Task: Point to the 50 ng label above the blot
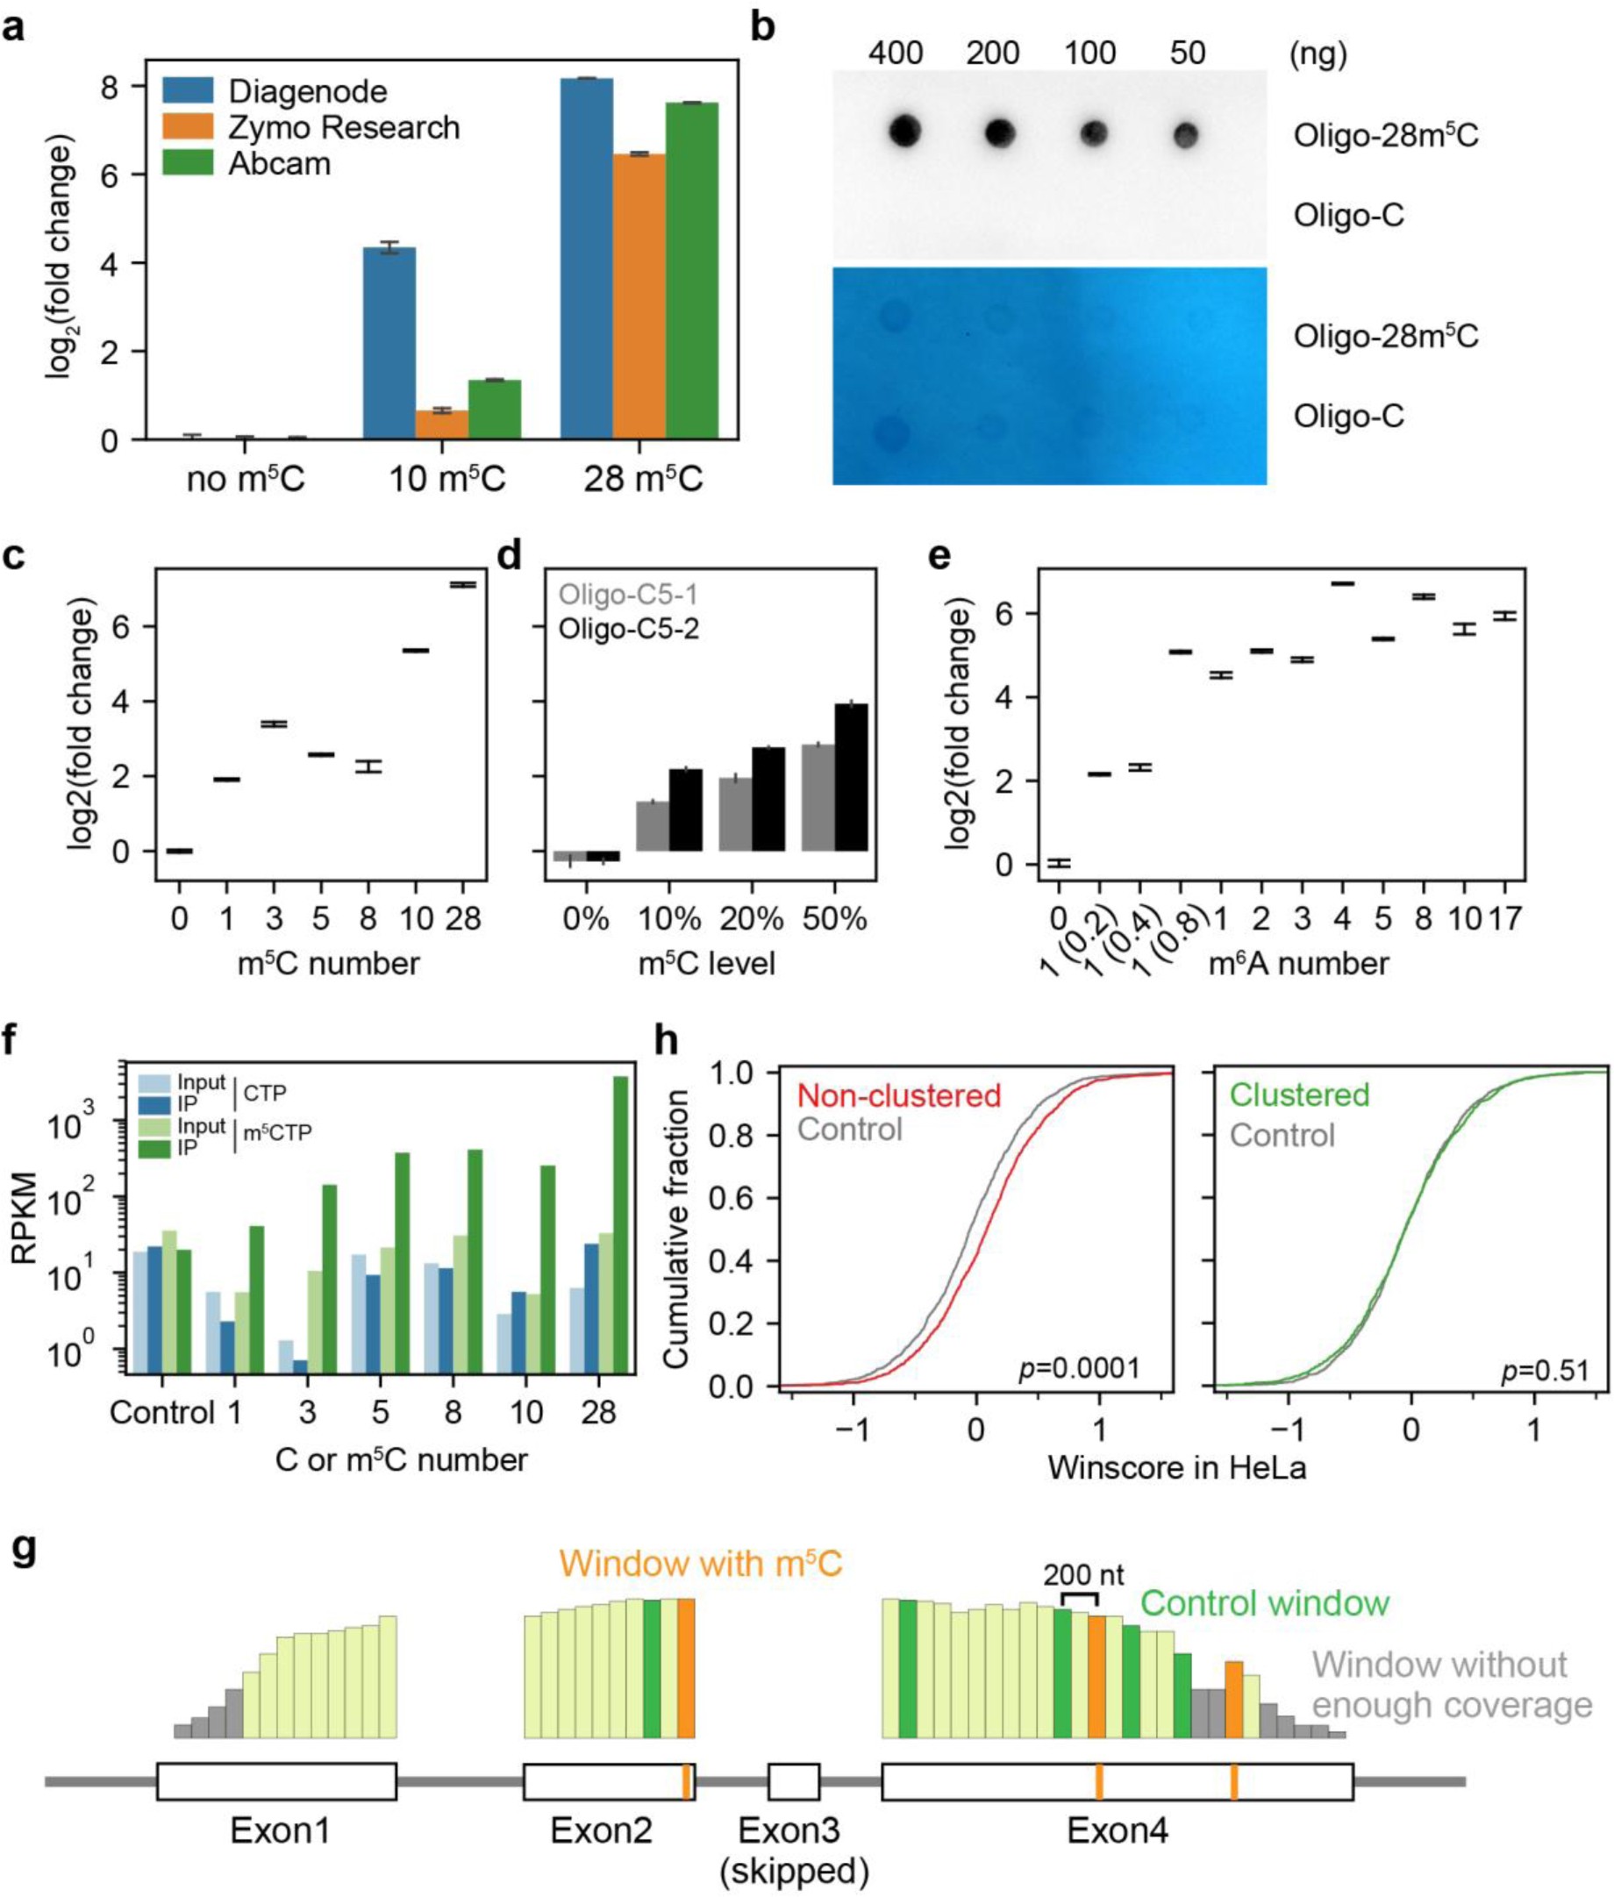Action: [1187, 53]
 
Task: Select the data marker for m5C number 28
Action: [463, 584]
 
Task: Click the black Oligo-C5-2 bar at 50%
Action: [851, 777]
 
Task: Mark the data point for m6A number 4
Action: [1342, 582]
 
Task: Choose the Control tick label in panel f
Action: [161, 1413]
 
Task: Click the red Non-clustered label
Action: [898, 1095]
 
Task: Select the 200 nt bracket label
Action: [1083, 1574]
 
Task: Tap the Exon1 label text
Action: [279, 1830]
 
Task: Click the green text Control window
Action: [1265, 1603]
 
